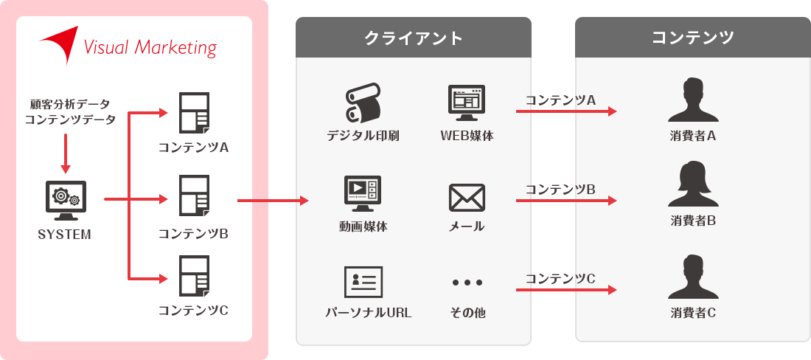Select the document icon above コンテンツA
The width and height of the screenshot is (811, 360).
tap(194, 112)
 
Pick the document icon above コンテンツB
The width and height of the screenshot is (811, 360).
tap(194, 195)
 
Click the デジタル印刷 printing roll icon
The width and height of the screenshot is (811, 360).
tap(363, 104)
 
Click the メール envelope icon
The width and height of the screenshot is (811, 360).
tap(467, 198)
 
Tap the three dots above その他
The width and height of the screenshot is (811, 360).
tap(467, 283)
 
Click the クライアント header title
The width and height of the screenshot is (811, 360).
tap(414, 38)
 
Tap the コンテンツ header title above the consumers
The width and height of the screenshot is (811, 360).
tap(692, 38)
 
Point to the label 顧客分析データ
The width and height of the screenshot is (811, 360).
tap(70, 104)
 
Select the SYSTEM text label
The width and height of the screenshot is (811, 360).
tap(65, 235)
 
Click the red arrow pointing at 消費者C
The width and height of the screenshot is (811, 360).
tap(565, 290)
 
